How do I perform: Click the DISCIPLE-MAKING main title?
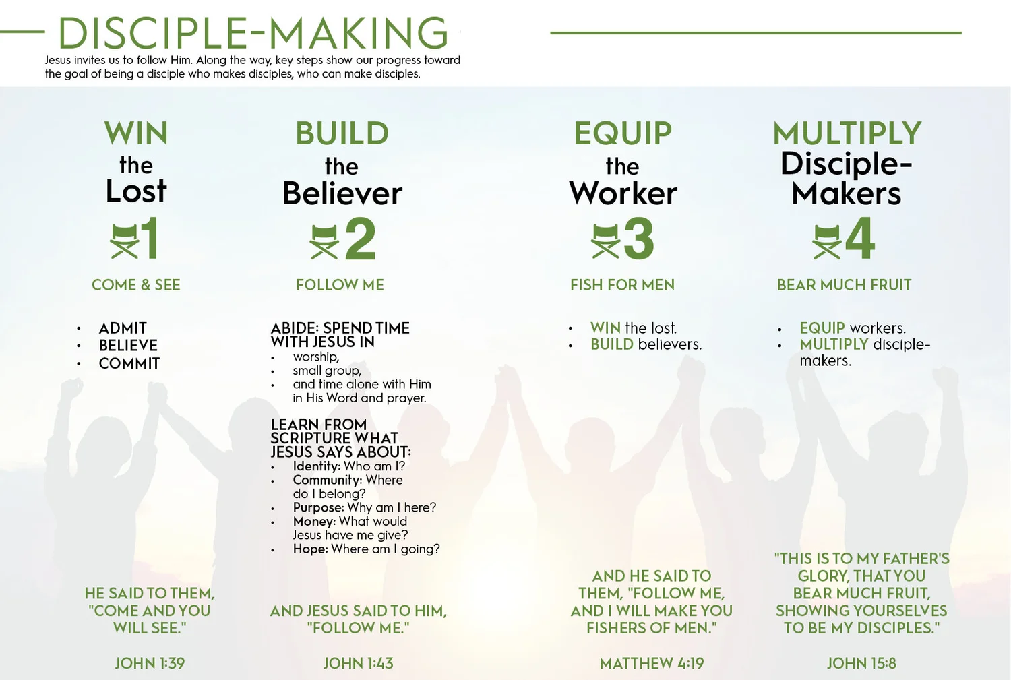click(253, 32)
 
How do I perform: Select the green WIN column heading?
click(136, 133)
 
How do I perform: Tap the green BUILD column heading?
click(342, 133)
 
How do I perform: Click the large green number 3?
click(638, 239)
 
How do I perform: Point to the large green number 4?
click(860, 239)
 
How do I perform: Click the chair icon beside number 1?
click(124, 241)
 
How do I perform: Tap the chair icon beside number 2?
click(324, 241)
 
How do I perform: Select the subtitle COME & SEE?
click(136, 285)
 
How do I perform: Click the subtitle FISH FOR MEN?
click(622, 285)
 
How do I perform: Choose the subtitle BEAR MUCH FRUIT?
click(844, 285)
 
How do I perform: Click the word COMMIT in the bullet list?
click(129, 363)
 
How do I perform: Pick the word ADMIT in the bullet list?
click(123, 328)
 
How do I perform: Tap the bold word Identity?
click(317, 466)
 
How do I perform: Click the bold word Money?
click(314, 522)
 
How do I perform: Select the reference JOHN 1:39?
click(150, 663)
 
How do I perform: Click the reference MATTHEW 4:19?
click(652, 663)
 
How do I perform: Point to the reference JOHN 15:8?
click(861, 663)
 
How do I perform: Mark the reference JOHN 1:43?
click(358, 663)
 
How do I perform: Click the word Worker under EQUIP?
click(623, 194)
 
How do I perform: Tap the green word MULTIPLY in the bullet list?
click(834, 344)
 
